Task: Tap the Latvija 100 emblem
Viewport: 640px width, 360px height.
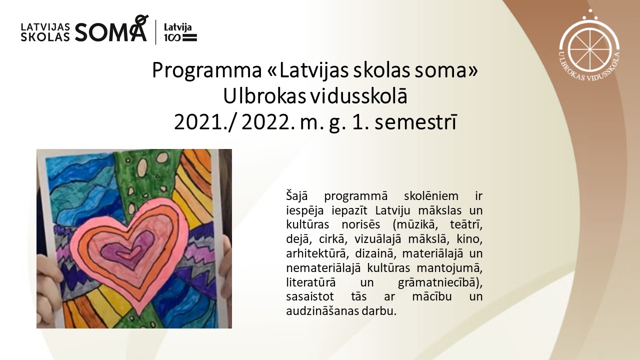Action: coord(180,32)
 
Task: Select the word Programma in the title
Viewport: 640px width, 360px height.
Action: coord(206,71)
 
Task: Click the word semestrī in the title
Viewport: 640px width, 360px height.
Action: coord(415,123)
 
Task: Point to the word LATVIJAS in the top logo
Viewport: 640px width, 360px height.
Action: coord(45,27)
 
